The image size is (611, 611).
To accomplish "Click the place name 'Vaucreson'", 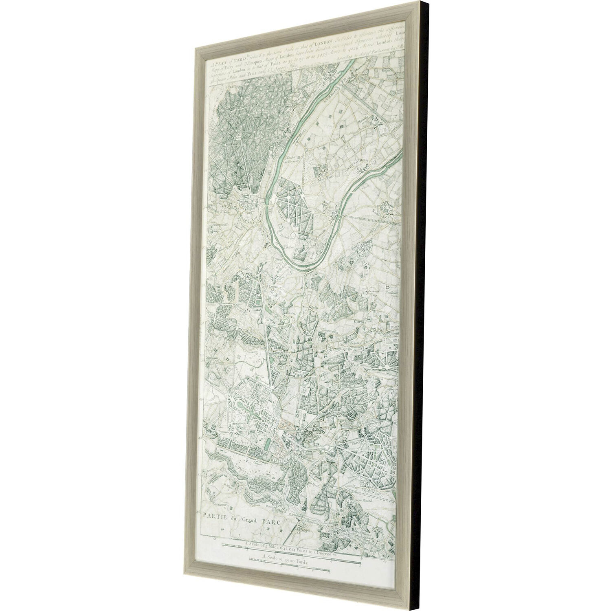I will [329, 331].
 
